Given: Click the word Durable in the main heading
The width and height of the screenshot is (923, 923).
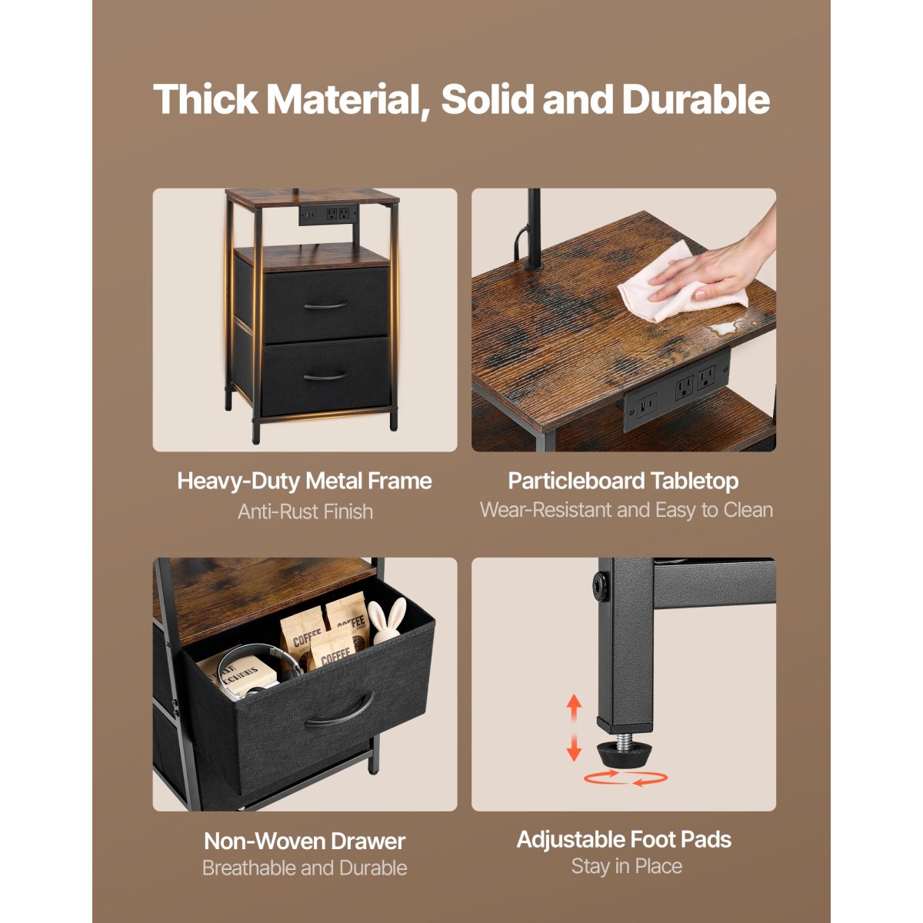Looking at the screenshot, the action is coord(695,100).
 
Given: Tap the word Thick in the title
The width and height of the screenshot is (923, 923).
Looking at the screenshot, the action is coord(205,100).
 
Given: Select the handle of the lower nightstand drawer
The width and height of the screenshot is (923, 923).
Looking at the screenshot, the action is coord(326,376).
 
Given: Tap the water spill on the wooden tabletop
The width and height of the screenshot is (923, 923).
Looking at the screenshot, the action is coord(725,328).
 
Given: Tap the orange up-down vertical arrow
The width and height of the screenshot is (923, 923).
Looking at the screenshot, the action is coord(574,728).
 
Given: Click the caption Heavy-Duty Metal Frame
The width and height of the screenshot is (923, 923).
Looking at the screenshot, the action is coord(305,481).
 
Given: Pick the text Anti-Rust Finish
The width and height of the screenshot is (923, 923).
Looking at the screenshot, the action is coord(305,511).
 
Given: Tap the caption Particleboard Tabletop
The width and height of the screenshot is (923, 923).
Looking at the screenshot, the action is coord(623,481).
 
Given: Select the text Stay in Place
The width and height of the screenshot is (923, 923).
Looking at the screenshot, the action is coord(627,866).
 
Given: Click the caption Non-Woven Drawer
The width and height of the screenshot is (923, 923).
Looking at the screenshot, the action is coord(305,841).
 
